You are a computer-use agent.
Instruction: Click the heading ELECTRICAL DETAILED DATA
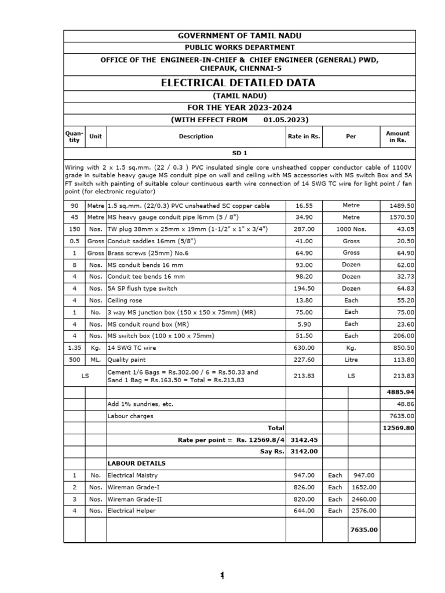click(x=239, y=83)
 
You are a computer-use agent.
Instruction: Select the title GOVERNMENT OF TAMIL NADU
click(x=239, y=36)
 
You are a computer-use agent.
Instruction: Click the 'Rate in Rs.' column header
click(x=304, y=137)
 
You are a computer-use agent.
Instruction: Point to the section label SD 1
click(x=239, y=153)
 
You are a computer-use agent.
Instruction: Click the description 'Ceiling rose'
click(x=125, y=301)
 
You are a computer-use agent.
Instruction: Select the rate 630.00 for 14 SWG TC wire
click(x=304, y=348)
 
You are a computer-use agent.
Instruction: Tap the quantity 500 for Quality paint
click(x=74, y=360)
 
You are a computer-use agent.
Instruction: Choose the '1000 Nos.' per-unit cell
click(x=351, y=229)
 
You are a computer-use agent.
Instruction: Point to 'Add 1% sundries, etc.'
click(x=140, y=404)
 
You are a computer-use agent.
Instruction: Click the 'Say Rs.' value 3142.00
click(x=304, y=452)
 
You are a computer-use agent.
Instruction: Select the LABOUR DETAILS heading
click(x=136, y=463)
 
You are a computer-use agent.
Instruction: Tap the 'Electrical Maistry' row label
click(x=133, y=475)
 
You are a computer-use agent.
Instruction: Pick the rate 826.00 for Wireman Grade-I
click(x=304, y=488)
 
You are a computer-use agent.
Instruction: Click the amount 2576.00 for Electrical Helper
click(x=364, y=511)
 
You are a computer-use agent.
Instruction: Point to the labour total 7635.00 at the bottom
click(x=364, y=529)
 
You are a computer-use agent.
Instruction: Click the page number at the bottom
click(x=221, y=575)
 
